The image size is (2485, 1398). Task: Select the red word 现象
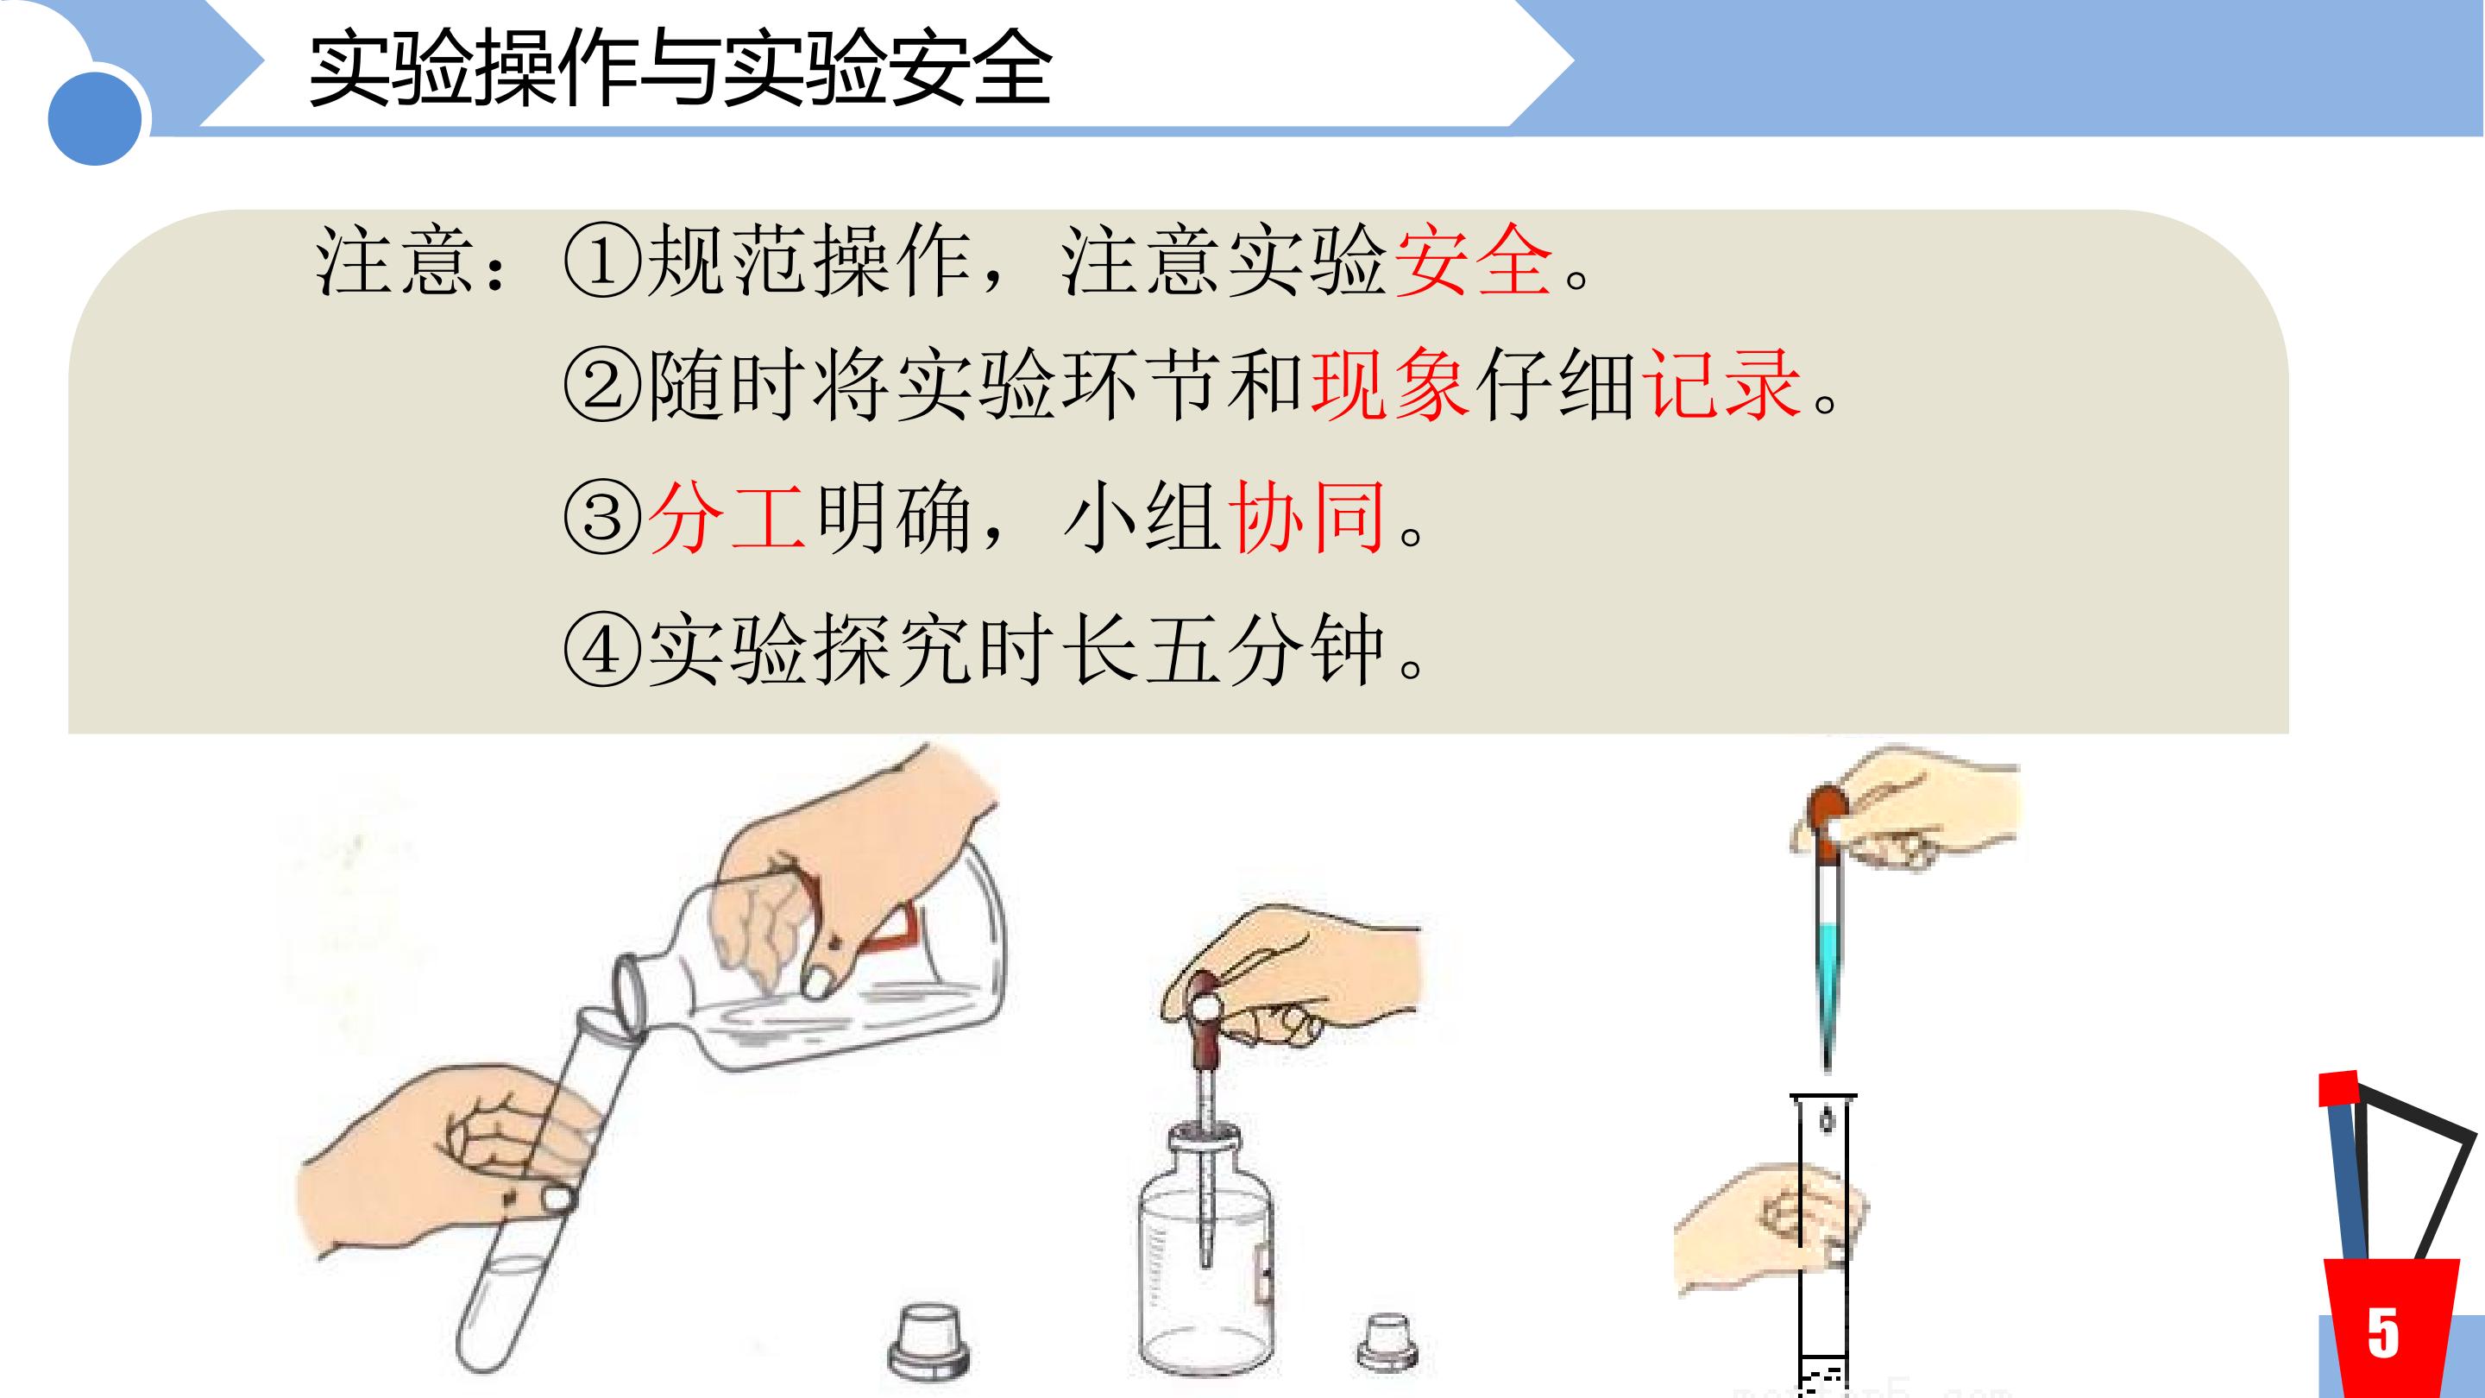click(x=1390, y=386)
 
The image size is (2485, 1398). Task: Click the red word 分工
click(x=727, y=517)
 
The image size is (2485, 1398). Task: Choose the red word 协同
click(x=1307, y=517)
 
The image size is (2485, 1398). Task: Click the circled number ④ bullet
click(x=602, y=649)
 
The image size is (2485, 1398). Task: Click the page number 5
click(x=2382, y=1334)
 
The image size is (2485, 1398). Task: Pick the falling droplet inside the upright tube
click(x=1826, y=1120)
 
